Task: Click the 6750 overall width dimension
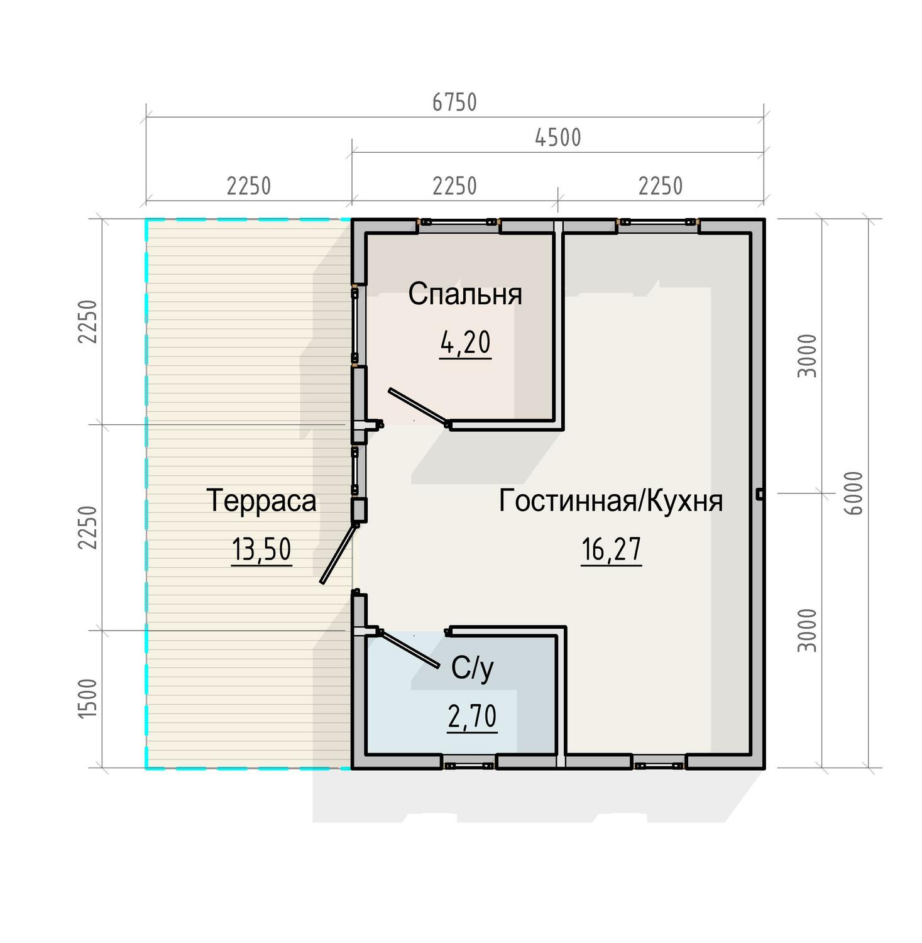(454, 102)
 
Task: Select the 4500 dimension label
(557, 138)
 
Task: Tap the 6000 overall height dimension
(854, 493)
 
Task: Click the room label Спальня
(465, 294)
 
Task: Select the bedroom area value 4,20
(465, 343)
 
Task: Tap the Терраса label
(261, 501)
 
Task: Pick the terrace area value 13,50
(261, 549)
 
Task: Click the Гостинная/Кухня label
(611, 501)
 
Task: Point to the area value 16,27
(611, 549)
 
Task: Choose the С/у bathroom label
(473, 670)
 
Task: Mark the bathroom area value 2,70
(473, 717)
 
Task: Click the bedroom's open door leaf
(419, 407)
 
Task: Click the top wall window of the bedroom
(459, 222)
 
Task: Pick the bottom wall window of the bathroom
(468, 764)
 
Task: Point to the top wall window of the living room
(658, 222)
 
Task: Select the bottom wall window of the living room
(659, 764)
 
